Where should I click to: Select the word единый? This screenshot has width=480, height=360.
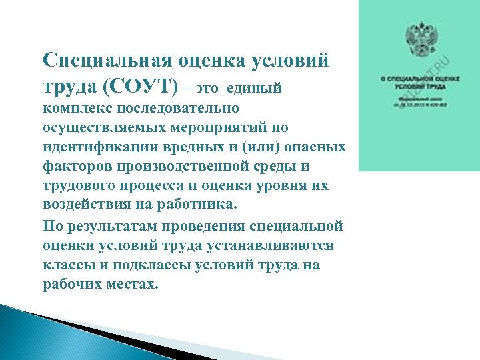pos(255,88)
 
